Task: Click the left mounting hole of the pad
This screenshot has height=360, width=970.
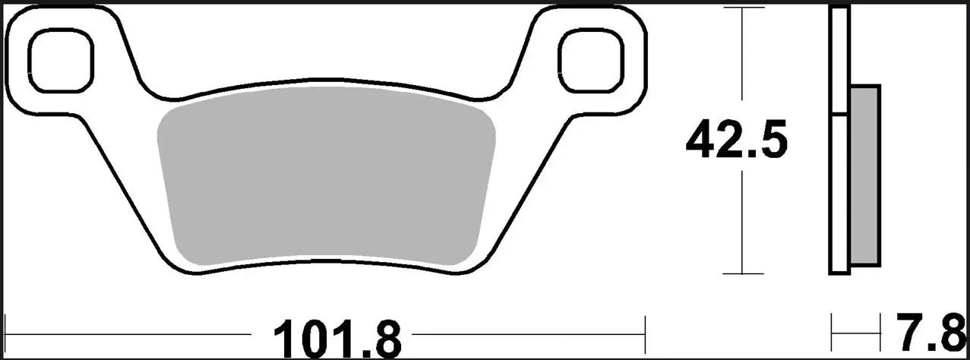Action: [x=61, y=60]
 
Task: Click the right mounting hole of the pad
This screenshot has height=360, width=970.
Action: [x=590, y=60]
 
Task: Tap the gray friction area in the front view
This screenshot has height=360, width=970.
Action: [x=327, y=182]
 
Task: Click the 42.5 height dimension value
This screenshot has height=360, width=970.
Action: [x=736, y=142]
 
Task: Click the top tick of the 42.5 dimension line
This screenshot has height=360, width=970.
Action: [x=742, y=8]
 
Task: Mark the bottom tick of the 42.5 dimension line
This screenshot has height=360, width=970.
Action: [x=742, y=273]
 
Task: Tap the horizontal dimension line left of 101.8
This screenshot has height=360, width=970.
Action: [x=129, y=333]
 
